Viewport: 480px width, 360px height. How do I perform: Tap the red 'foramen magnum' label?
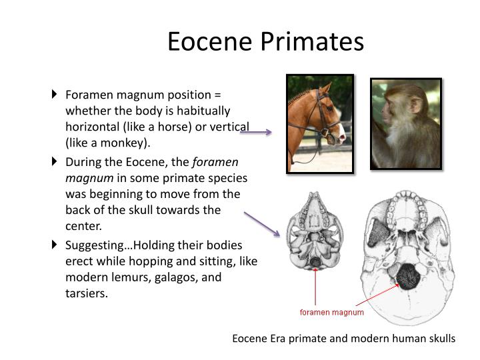(331, 312)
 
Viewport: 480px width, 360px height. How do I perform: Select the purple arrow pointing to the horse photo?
(256, 132)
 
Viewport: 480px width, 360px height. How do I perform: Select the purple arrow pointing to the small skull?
(261, 224)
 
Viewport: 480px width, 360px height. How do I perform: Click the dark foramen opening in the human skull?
(405, 274)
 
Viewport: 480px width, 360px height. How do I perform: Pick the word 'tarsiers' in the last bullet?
(86, 293)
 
